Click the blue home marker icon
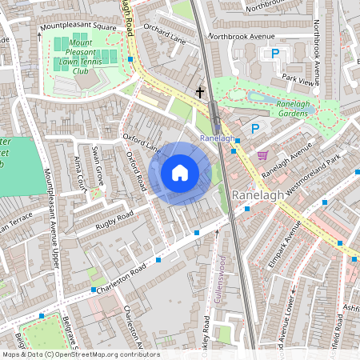[180, 173]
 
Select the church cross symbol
[200, 93]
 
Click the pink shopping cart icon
[262, 154]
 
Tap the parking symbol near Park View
[275, 54]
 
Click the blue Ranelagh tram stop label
[217, 138]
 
